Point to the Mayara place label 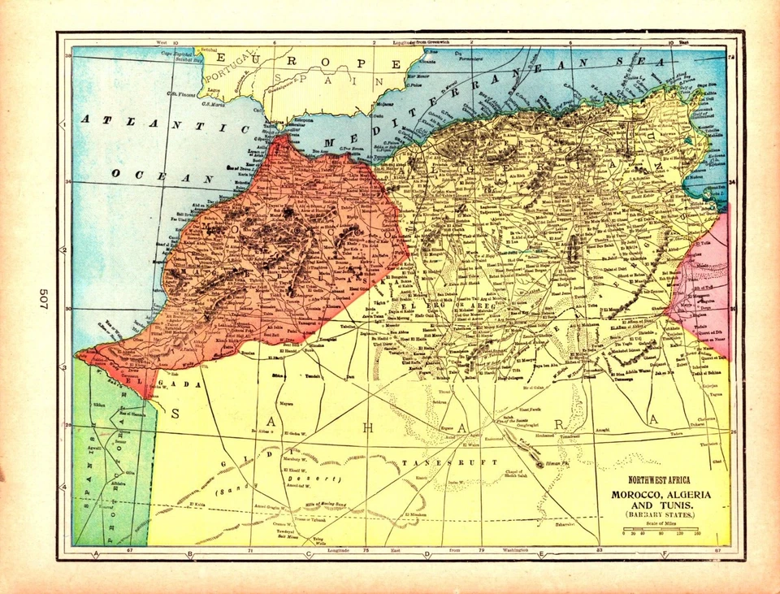tap(287, 402)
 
